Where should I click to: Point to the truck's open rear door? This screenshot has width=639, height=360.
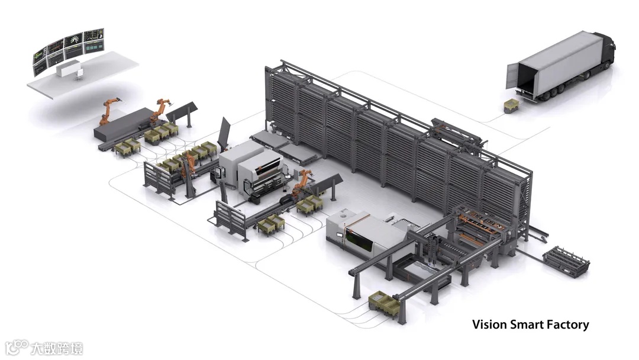click(512, 75)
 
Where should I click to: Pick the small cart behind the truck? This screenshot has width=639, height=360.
click(511, 106)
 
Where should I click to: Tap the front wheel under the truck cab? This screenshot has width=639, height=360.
click(586, 76)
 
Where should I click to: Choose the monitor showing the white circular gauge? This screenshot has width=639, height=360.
click(73, 40)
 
